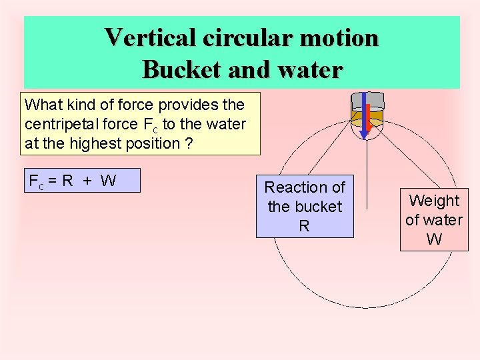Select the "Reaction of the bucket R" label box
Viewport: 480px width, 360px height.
pos(305,207)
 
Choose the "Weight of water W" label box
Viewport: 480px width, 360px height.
pos(434,219)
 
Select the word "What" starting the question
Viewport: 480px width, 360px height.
pos(41,105)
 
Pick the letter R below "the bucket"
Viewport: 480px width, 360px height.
pos(304,227)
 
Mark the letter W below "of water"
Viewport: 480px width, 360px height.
pos(434,239)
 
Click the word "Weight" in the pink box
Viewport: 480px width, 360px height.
pos(434,200)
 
